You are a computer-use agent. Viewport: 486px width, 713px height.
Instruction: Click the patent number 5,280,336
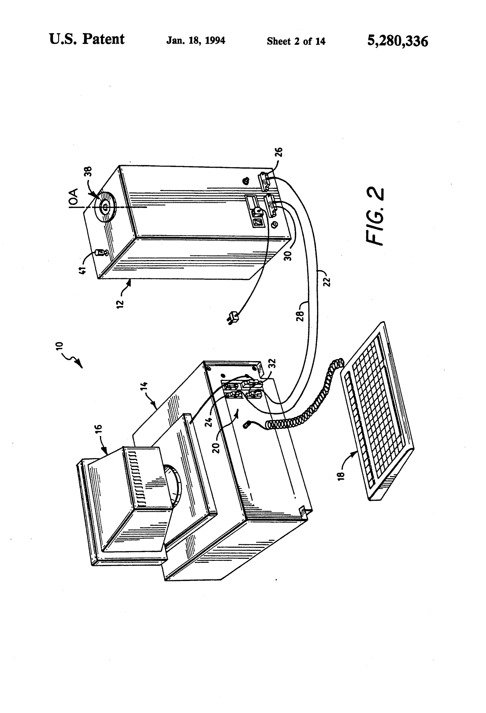tap(397, 41)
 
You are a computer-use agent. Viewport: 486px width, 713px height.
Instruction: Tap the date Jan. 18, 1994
tap(196, 40)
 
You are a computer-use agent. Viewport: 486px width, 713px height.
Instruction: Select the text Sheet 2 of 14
tap(296, 41)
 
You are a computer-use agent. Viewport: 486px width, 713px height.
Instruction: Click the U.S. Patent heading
tap(87, 39)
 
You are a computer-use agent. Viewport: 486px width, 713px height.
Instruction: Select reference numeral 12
tap(120, 304)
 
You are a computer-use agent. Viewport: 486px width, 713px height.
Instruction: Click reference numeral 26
tap(279, 152)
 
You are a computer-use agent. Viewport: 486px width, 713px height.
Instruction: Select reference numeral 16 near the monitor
tap(99, 430)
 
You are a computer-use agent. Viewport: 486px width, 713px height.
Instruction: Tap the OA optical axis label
tap(73, 197)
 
